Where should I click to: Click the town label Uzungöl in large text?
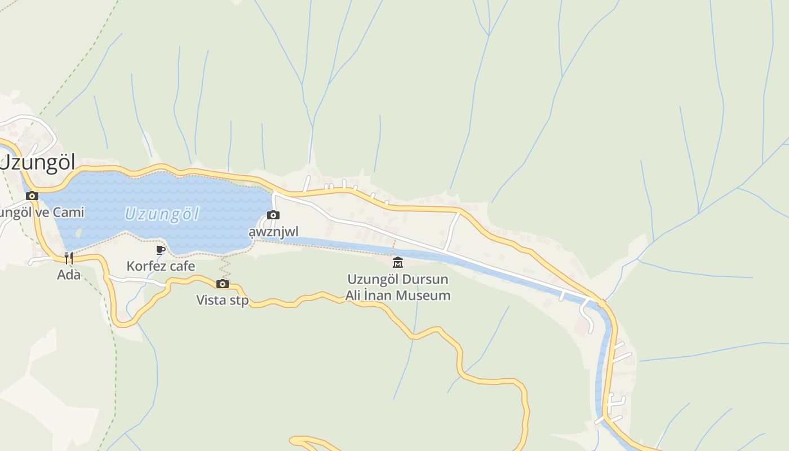(37, 162)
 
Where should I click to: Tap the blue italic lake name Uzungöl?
(162, 214)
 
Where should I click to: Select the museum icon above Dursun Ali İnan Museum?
(398, 262)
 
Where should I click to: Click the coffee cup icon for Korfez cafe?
(161, 250)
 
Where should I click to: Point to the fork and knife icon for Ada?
(68, 258)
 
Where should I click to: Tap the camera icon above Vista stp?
(223, 284)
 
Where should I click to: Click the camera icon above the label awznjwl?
(273, 215)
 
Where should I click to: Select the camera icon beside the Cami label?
(32, 196)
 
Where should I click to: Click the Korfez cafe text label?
(161, 266)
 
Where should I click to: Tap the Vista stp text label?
(222, 300)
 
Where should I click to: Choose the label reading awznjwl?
(273, 232)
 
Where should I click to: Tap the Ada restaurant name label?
(68, 275)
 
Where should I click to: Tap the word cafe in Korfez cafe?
(181, 266)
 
